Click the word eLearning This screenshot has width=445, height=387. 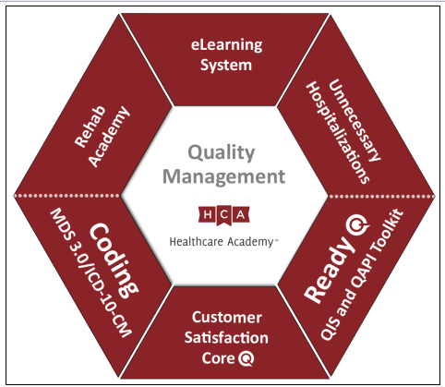click(227, 45)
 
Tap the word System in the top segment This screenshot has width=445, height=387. click(226, 66)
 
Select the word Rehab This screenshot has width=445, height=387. click(90, 127)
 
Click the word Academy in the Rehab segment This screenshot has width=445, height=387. click(109, 137)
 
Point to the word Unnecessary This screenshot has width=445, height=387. click(355, 120)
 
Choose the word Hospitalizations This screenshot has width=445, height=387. click(338, 133)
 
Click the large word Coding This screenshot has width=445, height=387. click(114, 260)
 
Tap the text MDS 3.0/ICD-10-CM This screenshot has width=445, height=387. click(91, 272)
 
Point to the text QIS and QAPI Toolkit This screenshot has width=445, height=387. click(362, 274)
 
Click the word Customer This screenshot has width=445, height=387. click(227, 318)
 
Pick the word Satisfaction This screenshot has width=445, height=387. click(226, 338)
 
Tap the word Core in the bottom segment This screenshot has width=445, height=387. click(218, 358)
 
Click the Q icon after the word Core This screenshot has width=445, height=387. click(247, 358)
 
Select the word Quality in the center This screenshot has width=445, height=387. click(222, 153)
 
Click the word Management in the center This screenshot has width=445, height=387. click(223, 176)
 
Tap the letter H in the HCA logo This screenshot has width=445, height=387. click(208, 214)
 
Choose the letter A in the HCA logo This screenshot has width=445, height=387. click(241, 214)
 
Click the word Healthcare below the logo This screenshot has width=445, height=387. click(196, 242)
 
